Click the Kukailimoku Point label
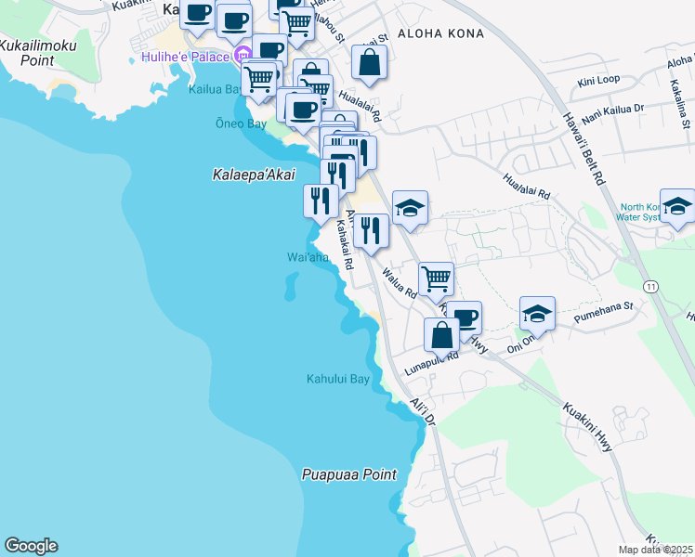point(39,52)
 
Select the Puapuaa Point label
point(348,474)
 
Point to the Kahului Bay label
point(338,379)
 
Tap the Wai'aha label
point(308,257)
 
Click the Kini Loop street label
point(598,81)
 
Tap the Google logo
point(31,546)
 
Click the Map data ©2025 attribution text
point(656,550)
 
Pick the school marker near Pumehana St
point(537,314)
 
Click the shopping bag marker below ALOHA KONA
point(369,63)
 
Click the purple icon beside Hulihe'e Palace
point(243,55)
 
